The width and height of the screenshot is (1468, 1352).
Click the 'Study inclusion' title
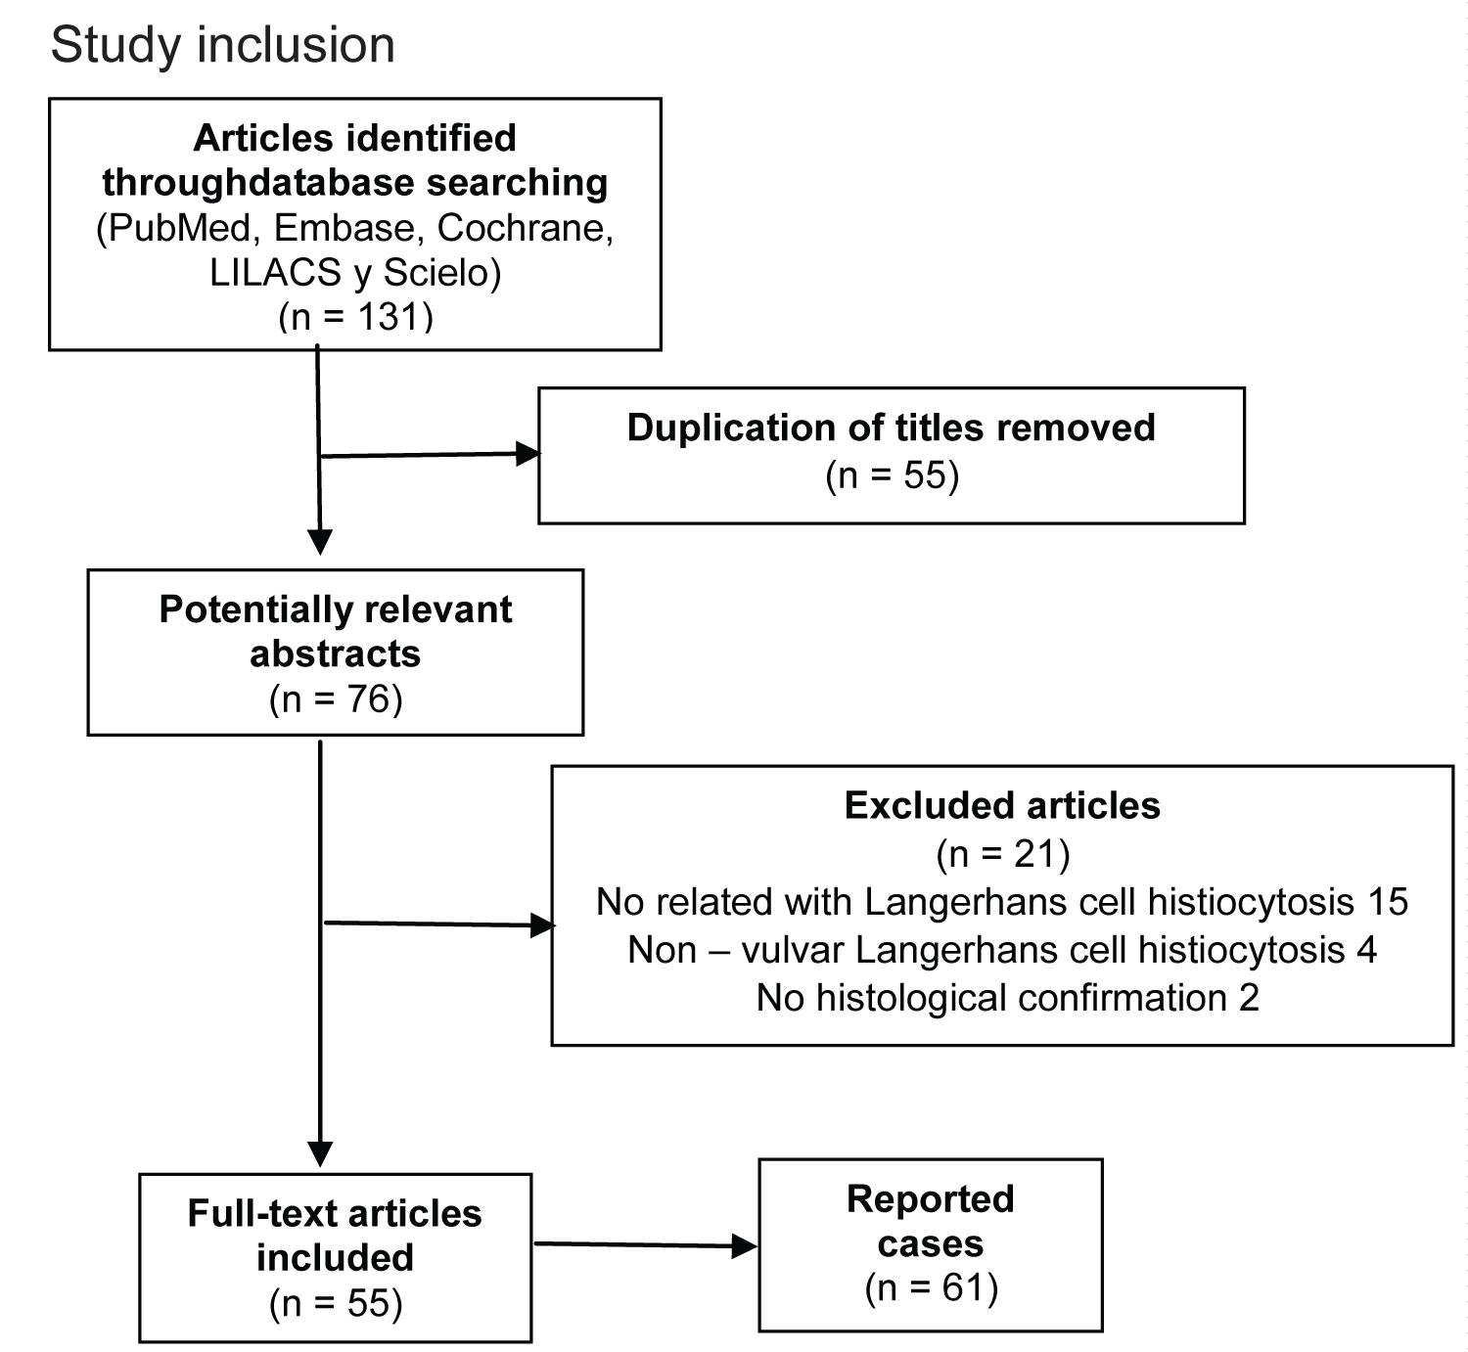(x=222, y=45)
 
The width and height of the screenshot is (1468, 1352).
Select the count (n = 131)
(x=355, y=317)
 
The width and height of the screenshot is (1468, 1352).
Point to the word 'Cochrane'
(x=524, y=228)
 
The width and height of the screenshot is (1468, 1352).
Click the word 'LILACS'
(x=275, y=272)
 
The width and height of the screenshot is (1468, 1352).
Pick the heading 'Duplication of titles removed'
(x=892, y=428)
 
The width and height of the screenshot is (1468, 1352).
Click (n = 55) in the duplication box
(x=893, y=474)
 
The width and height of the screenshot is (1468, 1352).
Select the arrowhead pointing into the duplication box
(x=528, y=454)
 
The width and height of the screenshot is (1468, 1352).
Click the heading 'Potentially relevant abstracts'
(x=336, y=631)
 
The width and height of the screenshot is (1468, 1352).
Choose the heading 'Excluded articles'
(x=1002, y=805)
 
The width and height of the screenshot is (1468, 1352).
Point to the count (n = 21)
(x=1002, y=854)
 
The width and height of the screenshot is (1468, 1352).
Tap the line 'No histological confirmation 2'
(x=1008, y=998)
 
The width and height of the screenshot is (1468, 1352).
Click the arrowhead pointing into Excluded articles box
(x=543, y=925)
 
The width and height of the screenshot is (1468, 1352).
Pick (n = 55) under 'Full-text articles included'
(x=336, y=1303)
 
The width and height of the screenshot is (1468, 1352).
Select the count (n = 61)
(x=932, y=1287)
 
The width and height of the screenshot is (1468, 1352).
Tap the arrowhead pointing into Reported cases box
(x=745, y=1246)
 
